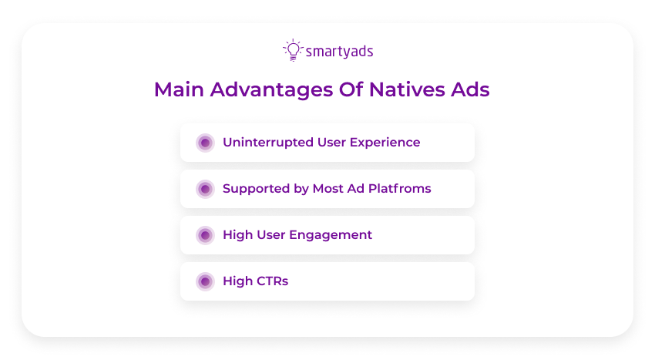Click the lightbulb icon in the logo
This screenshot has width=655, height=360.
click(x=292, y=50)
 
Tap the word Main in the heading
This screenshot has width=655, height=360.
click(x=179, y=89)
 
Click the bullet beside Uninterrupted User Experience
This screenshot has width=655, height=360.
click(x=205, y=143)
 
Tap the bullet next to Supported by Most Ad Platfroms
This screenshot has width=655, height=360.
click(x=205, y=189)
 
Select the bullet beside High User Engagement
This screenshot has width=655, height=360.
click(x=205, y=235)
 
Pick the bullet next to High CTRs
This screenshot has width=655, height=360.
click(x=205, y=281)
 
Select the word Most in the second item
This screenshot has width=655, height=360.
click(x=328, y=189)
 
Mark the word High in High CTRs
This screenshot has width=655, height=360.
click(x=237, y=281)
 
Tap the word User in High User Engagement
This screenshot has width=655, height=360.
click(x=271, y=235)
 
